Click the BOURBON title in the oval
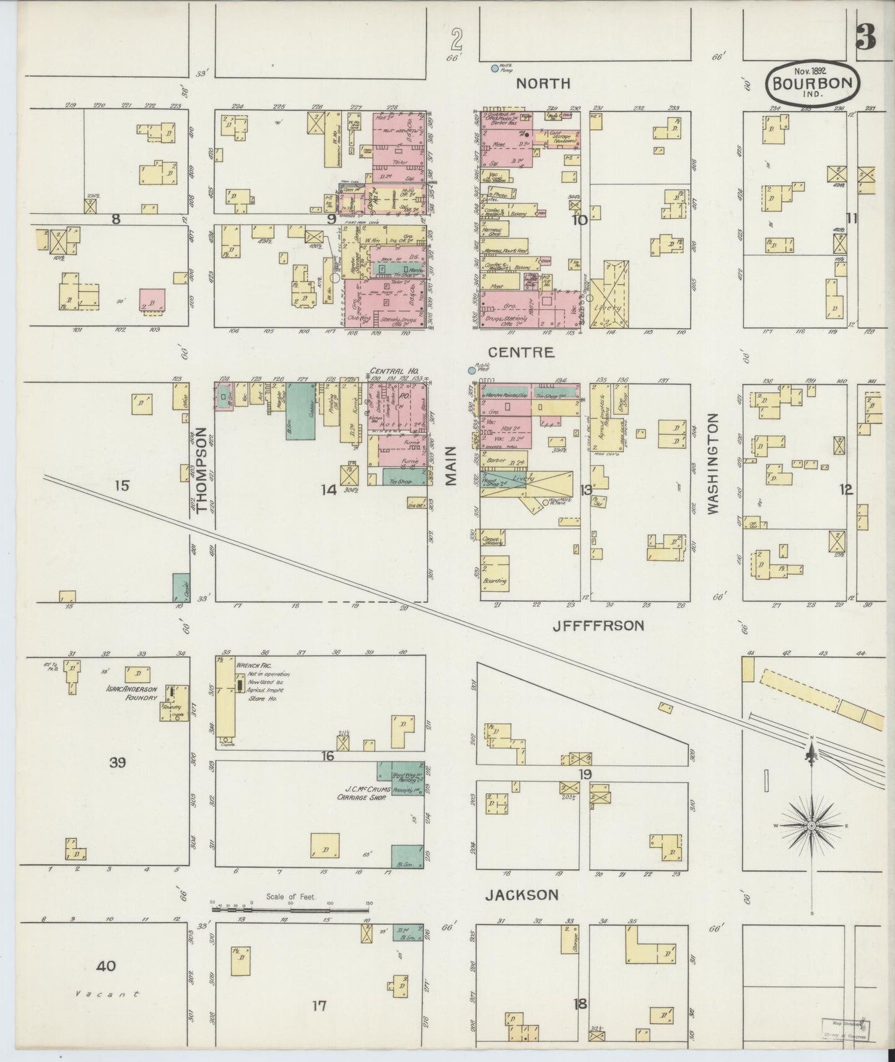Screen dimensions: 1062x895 tap(813, 83)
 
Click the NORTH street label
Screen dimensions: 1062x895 tap(543, 83)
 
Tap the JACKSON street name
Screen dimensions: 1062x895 tap(522, 895)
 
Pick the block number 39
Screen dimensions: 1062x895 tap(117, 763)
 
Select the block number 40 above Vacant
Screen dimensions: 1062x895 tap(106, 965)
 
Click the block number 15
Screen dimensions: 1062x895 tap(121, 486)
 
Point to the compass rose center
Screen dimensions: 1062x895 tap(811, 827)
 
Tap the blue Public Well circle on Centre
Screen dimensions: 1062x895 tap(471, 370)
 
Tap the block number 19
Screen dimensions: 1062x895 tap(585, 774)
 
